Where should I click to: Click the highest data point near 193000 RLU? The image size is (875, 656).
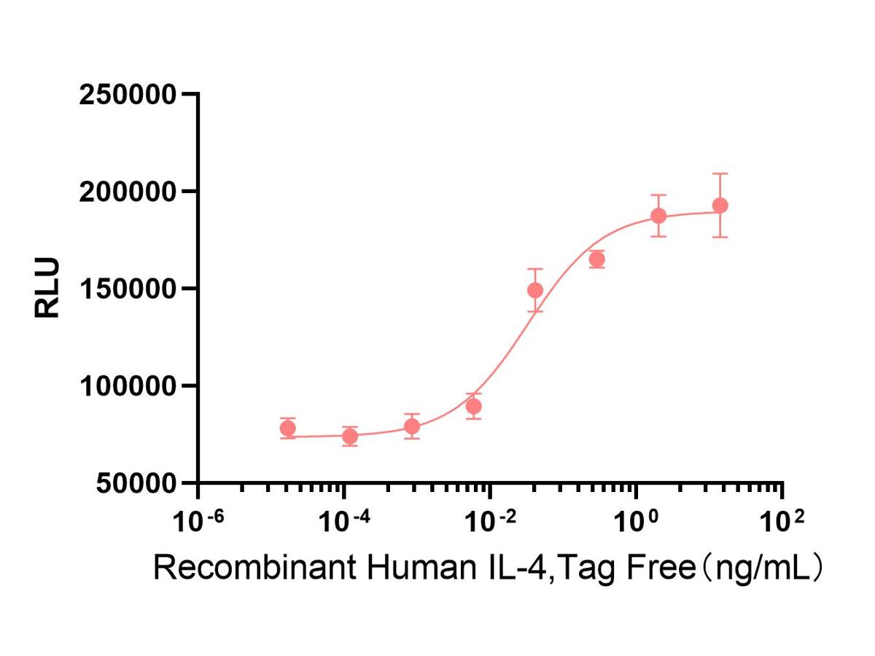click(720, 206)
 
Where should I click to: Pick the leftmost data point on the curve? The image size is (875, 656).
click(288, 429)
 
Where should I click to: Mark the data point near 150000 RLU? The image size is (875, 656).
click(535, 290)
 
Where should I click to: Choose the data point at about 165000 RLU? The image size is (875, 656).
click(597, 259)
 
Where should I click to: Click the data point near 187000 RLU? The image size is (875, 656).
click(658, 216)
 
